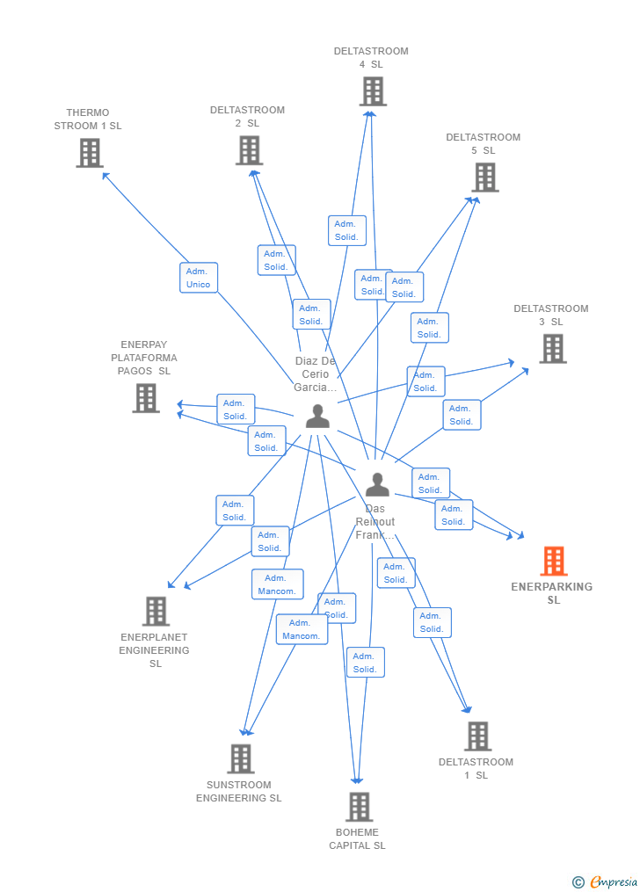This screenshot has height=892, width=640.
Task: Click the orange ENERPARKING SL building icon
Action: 554,561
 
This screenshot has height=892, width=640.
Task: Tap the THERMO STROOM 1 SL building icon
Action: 90,153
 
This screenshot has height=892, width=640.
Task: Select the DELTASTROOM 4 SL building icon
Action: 373,91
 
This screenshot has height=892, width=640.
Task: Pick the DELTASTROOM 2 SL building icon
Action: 249,150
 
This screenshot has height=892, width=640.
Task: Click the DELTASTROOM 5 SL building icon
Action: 484,178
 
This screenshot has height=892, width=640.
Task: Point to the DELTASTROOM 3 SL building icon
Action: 552,349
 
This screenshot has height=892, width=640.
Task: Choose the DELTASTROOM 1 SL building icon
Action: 477,736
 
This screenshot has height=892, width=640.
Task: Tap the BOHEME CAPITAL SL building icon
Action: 359,807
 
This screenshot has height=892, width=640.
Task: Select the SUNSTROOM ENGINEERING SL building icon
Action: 241,758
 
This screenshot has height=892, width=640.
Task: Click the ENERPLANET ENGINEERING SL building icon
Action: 156,611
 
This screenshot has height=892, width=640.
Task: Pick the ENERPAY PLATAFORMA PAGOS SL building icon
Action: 146,398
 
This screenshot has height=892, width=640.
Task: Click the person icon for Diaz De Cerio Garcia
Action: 317,417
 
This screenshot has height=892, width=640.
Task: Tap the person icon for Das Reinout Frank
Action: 377,484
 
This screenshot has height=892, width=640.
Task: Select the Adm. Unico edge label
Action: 199,278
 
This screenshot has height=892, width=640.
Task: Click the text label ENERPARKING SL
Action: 552,593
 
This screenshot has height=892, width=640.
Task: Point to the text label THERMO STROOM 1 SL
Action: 88,120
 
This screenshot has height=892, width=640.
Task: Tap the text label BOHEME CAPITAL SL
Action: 357,839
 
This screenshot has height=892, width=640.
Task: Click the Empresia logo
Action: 607,881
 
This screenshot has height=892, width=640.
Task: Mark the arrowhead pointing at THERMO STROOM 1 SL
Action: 105,174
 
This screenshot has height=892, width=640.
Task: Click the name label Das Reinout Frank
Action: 375,522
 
